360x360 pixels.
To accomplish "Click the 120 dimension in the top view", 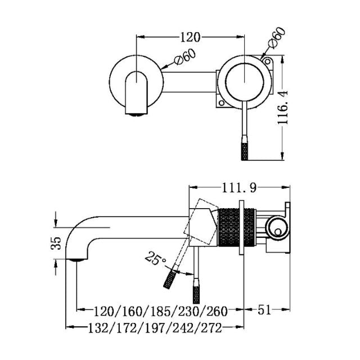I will click(191, 37).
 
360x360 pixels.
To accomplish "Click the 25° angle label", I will click(156, 259).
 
